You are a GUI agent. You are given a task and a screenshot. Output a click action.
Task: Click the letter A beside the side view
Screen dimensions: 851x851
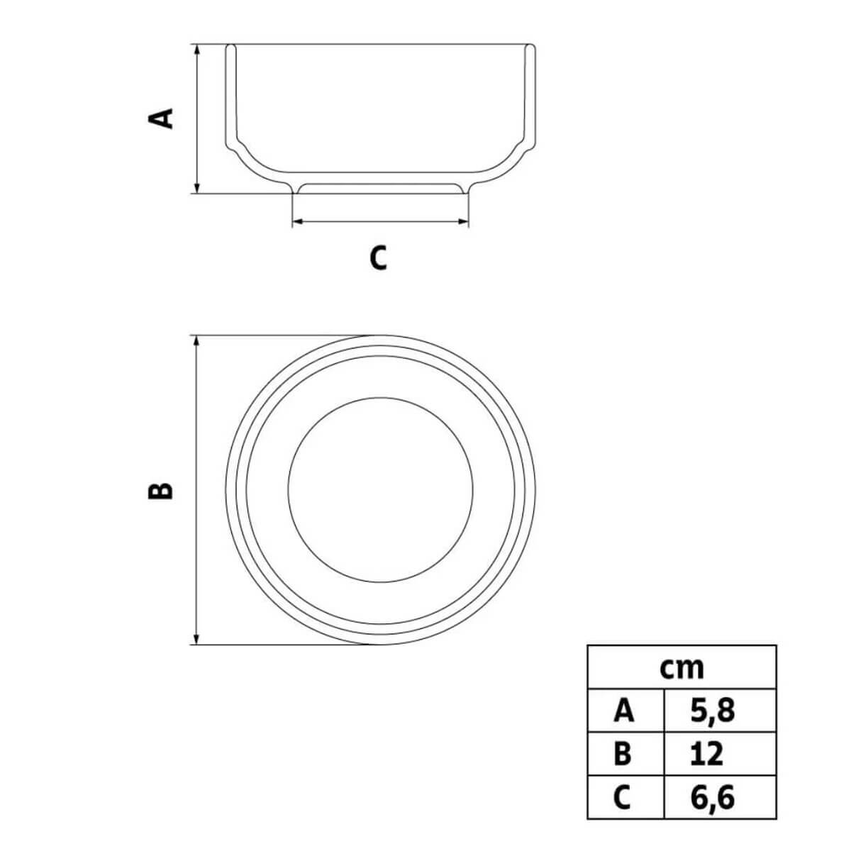(160, 118)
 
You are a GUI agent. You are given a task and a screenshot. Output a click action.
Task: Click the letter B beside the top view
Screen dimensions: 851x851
(160, 490)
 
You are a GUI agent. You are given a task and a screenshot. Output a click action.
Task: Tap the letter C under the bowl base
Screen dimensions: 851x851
(379, 257)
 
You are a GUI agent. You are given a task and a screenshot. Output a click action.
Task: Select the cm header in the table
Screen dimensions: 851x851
(682, 669)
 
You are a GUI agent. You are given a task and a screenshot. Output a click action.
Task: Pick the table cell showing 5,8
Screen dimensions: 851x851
(713, 711)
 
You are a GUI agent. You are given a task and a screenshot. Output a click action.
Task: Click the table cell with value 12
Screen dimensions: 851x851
(706, 753)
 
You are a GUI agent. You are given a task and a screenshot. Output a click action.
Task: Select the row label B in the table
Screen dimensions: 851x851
(623, 753)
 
